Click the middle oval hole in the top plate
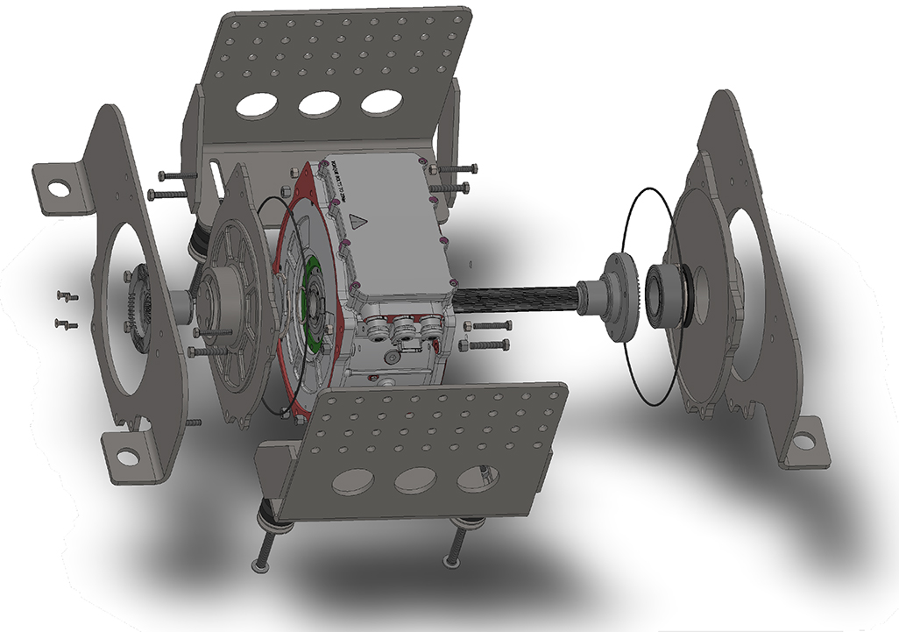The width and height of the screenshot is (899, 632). [319, 104]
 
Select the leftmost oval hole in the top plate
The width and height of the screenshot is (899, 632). [255, 104]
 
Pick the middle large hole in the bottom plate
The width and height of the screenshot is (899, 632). [415, 480]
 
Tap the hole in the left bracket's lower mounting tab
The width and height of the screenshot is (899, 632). [128, 456]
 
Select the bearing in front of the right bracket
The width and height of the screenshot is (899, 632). [668, 291]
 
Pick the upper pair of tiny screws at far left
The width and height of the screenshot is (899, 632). [67, 296]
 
